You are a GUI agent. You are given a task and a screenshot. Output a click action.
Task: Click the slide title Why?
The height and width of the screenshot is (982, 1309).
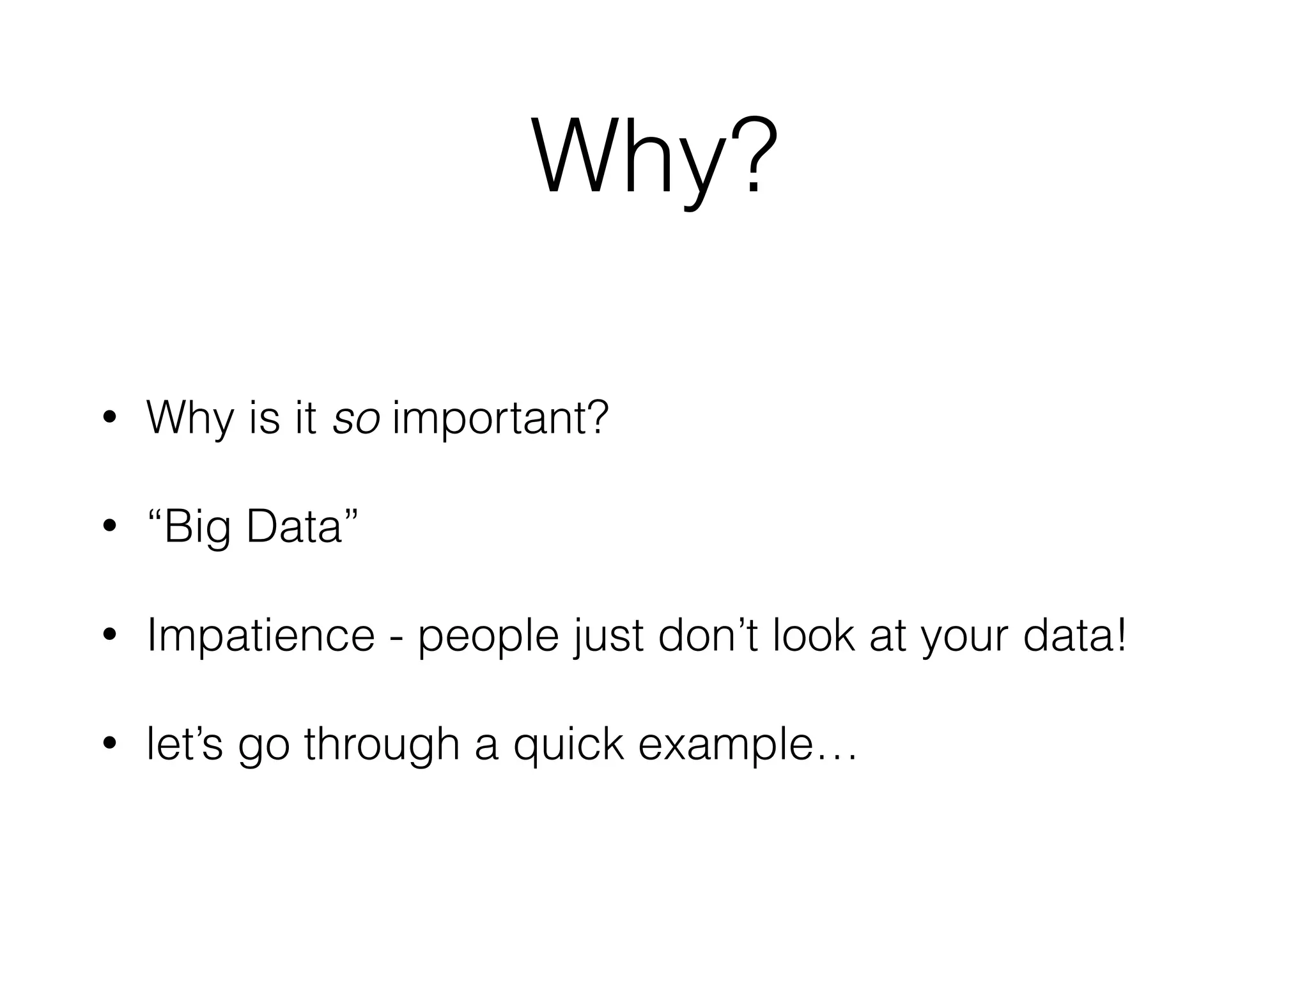tap(654, 157)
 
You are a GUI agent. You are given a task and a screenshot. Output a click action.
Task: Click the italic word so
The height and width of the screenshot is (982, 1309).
tap(357, 419)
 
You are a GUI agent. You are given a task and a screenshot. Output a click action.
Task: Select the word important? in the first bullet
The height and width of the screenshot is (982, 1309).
tap(500, 419)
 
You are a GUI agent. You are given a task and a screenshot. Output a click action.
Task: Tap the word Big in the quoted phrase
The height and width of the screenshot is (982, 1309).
tap(196, 528)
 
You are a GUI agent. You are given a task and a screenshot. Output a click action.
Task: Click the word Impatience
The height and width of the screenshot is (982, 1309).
tap(261, 636)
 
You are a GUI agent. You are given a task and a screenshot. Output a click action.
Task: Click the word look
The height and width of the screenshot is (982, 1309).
tap(814, 636)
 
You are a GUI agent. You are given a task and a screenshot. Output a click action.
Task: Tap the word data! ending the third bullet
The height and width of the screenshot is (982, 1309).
tap(1074, 636)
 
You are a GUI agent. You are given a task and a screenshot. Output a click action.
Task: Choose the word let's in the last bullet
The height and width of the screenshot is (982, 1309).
tap(185, 745)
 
